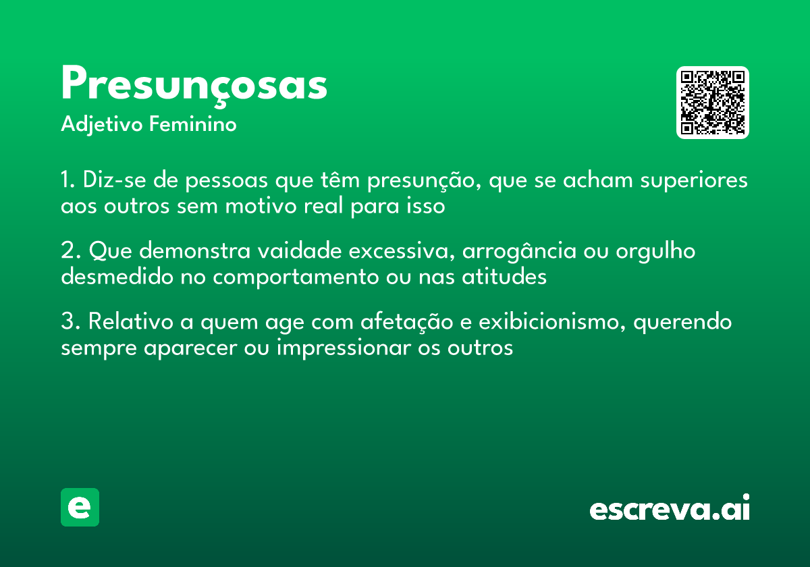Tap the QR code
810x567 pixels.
coord(713,103)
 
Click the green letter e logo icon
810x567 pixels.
coord(80,507)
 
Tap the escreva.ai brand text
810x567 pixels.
coord(670,509)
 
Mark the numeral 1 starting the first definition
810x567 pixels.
coord(65,181)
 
